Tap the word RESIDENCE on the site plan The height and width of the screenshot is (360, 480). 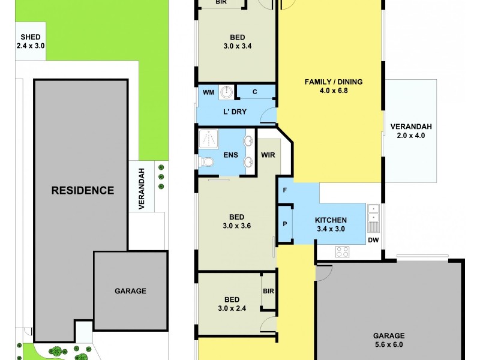tap(82, 191)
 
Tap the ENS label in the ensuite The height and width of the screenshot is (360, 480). tap(231, 155)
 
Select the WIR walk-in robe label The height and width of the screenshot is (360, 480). tap(268, 155)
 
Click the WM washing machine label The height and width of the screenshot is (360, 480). tap(208, 92)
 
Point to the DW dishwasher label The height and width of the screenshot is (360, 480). tap(374, 241)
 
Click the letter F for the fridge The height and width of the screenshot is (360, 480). tap(284, 191)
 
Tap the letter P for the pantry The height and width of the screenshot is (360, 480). tap(284, 224)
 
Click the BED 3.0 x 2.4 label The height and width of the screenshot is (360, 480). tap(232, 304)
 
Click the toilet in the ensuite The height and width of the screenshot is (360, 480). tap(205, 161)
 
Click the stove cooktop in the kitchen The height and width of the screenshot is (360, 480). tap(343, 252)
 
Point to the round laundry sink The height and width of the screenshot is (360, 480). tap(227, 92)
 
